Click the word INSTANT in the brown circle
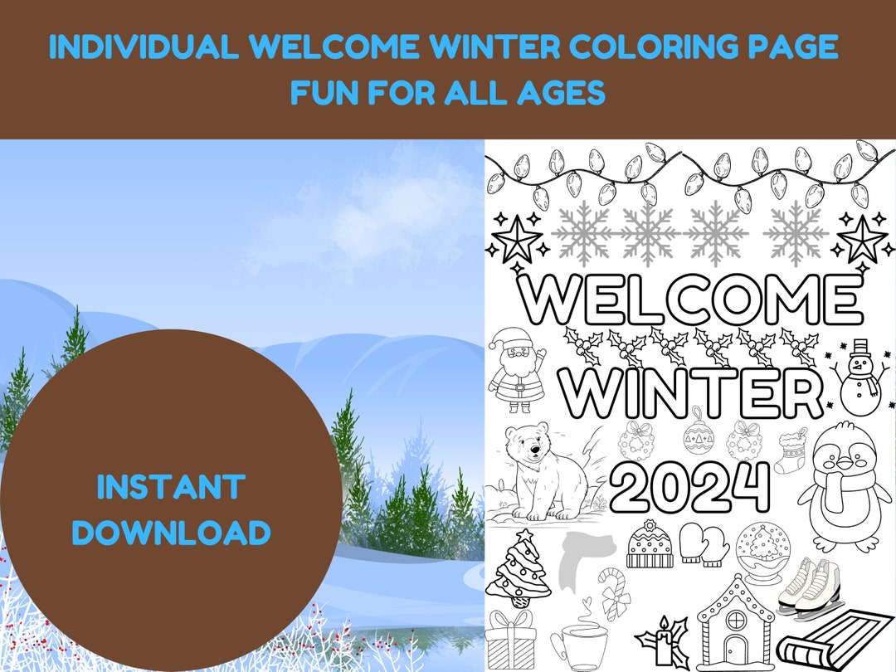point(171,487)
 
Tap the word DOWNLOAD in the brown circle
point(171,533)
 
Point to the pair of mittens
point(704,544)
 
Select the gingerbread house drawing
point(730,624)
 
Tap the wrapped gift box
point(511,638)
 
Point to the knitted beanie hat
point(650,544)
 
